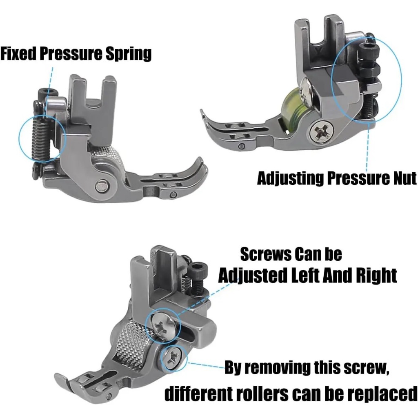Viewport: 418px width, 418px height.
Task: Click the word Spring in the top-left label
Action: click(128, 54)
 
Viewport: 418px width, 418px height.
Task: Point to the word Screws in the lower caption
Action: click(264, 254)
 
